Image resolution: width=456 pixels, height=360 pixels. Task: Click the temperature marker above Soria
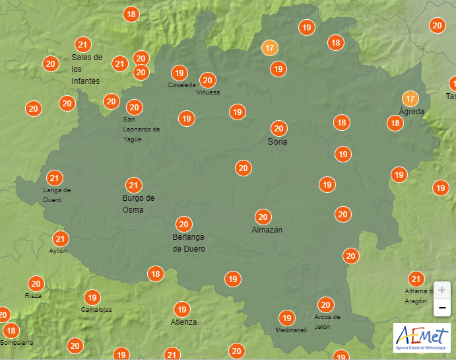[x=278, y=129]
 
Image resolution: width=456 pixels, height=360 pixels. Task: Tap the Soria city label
[x=277, y=142]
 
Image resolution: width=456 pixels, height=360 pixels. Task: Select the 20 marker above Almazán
[x=263, y=217]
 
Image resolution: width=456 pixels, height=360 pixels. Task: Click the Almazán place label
[x=267, y=230]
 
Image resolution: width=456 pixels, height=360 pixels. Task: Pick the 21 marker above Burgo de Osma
[x=134, y=186]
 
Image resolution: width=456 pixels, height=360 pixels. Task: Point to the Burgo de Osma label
[x=138, y=203]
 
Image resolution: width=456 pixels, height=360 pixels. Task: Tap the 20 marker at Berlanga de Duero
[x=183, y=224]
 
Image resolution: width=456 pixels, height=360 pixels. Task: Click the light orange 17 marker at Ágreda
[x=410, y=99]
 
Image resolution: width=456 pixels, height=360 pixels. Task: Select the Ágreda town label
[x=412, y=112]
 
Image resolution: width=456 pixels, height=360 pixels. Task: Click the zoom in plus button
[x=441, y=290]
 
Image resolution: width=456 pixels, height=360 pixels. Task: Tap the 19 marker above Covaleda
[x=179, y=73]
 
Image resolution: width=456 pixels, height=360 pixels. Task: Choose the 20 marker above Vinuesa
[x=207, y=81]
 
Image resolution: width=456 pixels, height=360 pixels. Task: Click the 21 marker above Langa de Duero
[x=54, y=178]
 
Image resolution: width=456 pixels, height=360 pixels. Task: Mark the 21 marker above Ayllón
[x=61, y=239]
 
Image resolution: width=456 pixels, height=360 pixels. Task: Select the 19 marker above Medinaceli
[x=286, y=318]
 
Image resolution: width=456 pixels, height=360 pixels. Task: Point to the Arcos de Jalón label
[x=327, y=321]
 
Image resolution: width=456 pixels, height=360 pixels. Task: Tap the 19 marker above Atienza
[x=181, y=309]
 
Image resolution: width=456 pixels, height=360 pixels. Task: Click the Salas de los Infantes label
[x=86, y=69]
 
